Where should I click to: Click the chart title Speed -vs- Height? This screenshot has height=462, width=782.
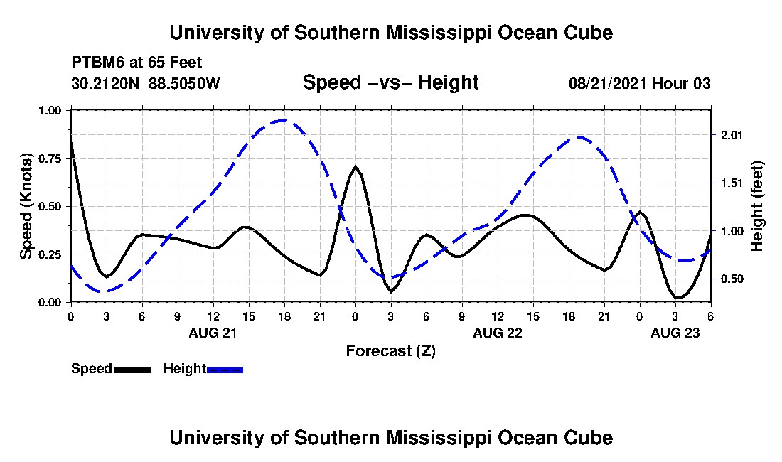pos(390,82)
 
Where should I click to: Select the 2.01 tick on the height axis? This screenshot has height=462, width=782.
pos(732,135)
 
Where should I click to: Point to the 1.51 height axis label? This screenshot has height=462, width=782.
pos(732,183)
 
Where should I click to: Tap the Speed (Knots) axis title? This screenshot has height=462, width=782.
pos(26,206)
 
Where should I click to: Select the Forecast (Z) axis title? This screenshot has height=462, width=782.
pos(390,351)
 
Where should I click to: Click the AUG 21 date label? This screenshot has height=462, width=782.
pos(213,332)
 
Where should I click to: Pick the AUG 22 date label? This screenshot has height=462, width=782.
pos(497,332)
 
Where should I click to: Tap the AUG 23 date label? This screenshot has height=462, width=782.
pos(675,332)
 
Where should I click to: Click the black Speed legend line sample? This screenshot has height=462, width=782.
pos(132,370)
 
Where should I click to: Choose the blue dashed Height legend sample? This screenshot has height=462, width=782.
pos(225,370)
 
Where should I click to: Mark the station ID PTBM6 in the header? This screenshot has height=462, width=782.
pos(95,62)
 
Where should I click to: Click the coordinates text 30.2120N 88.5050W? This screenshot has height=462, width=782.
pos(146,83)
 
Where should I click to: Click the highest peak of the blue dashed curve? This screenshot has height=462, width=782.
pos(284,120)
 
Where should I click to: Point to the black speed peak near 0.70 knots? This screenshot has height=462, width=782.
pos(355,166)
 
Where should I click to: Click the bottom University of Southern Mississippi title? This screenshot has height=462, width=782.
pos(390,437)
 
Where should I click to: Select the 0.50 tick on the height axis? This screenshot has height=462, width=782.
pos(732,279)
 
